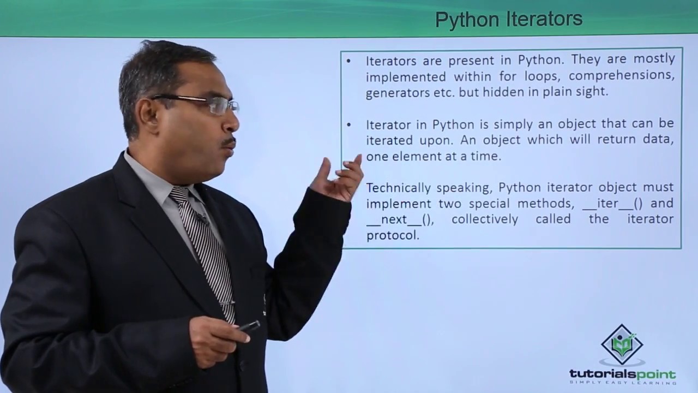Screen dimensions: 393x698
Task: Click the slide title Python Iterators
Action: [x=508, y=20]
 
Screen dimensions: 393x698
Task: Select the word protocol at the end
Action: [x=392, y=236]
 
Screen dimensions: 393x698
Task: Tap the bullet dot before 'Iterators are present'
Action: [x=349, y=60]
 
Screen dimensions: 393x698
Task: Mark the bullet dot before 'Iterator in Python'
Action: [x=349, y=124]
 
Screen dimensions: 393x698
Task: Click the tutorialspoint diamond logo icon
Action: [x=622, y=344]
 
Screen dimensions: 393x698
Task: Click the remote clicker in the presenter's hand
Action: [x=249, y=326]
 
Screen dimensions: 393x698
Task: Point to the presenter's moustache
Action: [x=228, y=142]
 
